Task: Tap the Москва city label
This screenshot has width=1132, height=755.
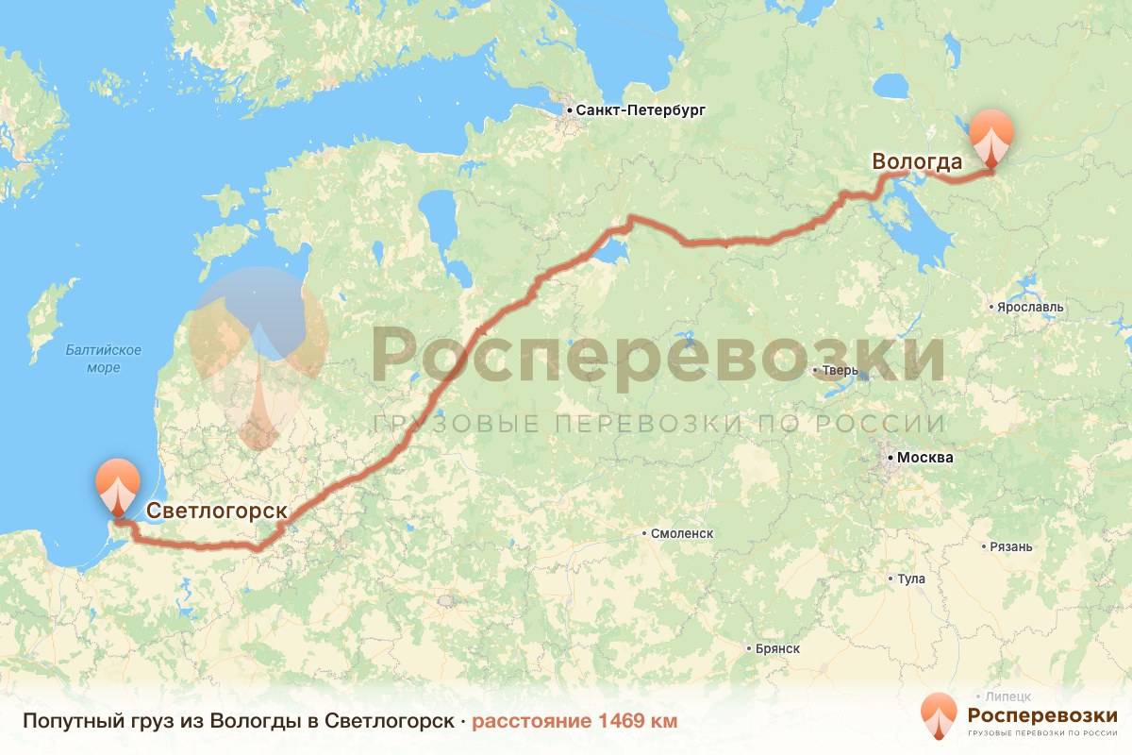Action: (925, 458)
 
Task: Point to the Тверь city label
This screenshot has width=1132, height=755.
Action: (841, 370)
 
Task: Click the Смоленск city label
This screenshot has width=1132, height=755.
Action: (682, 533)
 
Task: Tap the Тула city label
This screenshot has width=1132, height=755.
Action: (912, 579)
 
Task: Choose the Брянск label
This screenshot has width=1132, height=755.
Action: (778, 648)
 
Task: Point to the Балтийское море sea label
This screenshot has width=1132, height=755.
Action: (104, 359)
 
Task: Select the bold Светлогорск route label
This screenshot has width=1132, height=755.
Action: (217, 511)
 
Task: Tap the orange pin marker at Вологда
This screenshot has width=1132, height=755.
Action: (991, 137)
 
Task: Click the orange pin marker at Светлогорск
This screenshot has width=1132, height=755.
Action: (118, 484)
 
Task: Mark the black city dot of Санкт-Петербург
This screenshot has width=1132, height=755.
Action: (570, 111)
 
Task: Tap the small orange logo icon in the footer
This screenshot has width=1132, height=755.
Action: (939, 715)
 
